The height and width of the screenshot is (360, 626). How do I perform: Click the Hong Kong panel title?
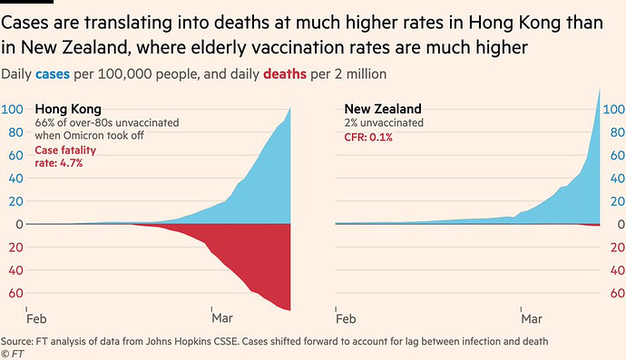point(68,109)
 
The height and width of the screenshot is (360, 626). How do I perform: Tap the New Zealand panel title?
point(383,109)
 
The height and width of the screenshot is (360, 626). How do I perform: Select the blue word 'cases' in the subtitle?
point(53,73)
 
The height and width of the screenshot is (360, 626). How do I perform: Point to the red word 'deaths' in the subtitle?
point(285,73)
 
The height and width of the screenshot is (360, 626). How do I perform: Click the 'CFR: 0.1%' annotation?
point(368,137)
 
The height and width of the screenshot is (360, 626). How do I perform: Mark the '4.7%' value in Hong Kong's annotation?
point(71,163)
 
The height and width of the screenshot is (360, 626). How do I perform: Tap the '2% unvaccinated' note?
point(384,122)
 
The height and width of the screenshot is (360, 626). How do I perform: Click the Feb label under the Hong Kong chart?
point(36,319)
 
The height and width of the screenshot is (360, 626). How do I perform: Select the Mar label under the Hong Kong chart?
point(222,318)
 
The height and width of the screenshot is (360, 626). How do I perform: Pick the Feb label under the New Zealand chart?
point(346,319)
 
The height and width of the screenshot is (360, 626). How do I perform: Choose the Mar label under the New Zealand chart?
point(532,319)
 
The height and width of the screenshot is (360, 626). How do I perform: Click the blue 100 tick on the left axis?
point(12,110)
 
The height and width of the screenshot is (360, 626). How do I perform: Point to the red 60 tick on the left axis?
point(15,293)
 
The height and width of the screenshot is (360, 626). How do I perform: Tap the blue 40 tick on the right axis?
point(618,179)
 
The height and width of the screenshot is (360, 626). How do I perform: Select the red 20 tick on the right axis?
point(618,248)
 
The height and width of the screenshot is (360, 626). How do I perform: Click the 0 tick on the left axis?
point(19,224)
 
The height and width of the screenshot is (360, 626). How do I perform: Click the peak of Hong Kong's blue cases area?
point(289,107)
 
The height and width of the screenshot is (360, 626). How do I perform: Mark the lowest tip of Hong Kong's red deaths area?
point(289,310)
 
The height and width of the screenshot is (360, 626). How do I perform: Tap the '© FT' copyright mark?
point(13,354)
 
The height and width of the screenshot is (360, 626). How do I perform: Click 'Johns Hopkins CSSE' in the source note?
point(192,341)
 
